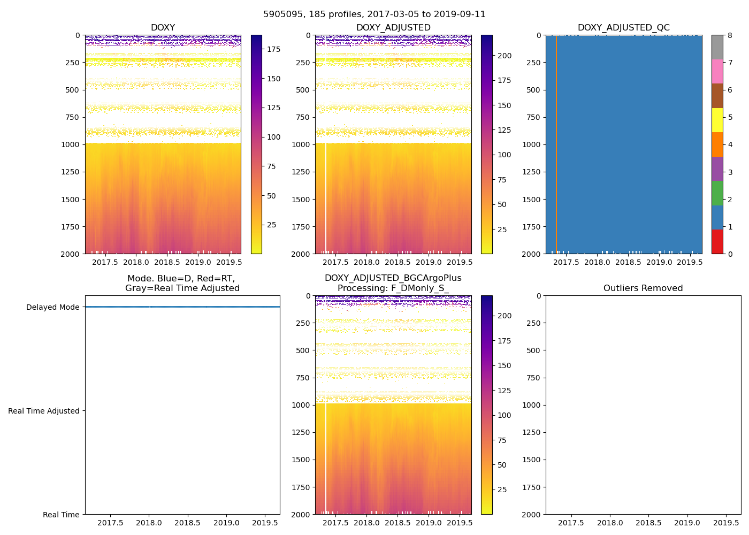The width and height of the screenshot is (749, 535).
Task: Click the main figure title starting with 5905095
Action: tap(374, 14)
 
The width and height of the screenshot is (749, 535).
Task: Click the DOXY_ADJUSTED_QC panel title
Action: tap(623, 28)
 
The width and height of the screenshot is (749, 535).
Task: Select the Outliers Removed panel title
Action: tap(643, 288)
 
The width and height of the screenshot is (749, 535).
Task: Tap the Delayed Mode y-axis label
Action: tap(52, 307)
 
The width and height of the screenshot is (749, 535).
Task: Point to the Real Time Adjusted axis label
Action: tap(44, 411)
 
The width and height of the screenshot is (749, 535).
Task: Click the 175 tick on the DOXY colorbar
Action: tap(274, 49)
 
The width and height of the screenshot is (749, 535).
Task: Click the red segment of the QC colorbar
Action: tap(717, 241)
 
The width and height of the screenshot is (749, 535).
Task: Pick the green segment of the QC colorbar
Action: tap(717, 193)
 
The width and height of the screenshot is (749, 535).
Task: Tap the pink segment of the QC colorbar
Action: tap(717, 72)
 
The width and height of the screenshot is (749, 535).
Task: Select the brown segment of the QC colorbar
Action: tap(717, 96)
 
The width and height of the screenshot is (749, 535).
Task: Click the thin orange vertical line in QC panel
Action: tap(556, 144)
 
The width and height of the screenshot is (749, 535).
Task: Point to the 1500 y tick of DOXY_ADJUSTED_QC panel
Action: tap(532, 200)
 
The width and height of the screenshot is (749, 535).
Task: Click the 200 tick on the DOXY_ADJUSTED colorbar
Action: tap(505, 56)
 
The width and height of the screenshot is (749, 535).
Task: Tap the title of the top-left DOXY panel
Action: tap(163, 28)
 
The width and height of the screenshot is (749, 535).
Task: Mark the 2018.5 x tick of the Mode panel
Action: tap(187, 523)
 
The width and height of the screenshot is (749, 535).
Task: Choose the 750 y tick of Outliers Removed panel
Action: tap(532, 378)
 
